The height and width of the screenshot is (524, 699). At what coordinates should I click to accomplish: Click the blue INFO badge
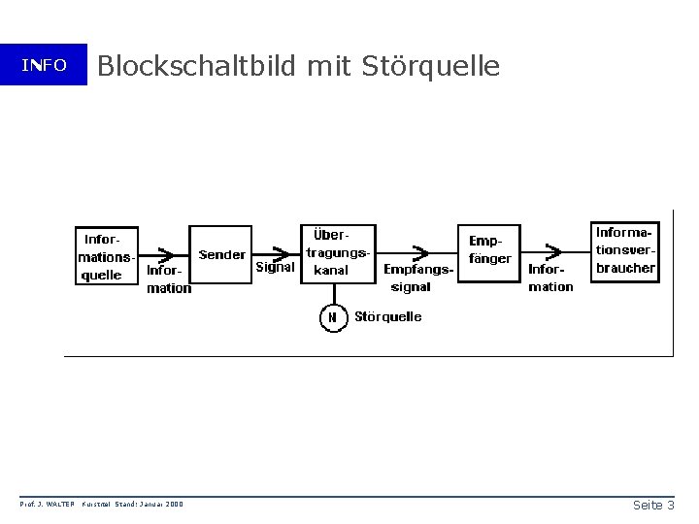44,65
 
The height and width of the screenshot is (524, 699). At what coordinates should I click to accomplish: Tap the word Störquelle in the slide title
430,66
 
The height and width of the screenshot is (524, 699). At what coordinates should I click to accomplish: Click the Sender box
221,255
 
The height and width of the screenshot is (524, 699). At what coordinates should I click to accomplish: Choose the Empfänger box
489,252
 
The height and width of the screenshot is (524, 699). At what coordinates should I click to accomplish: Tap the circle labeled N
332,318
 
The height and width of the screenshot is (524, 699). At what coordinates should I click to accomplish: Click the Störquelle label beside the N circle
388,317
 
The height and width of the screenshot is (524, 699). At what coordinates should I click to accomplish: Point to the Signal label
275,268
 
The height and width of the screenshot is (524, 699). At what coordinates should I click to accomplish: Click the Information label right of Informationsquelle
168,279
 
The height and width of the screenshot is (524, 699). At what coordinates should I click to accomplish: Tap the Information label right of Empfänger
550,278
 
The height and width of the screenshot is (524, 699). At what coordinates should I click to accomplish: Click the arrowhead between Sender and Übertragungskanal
282,252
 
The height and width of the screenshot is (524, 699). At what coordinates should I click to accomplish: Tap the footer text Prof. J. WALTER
47,504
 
